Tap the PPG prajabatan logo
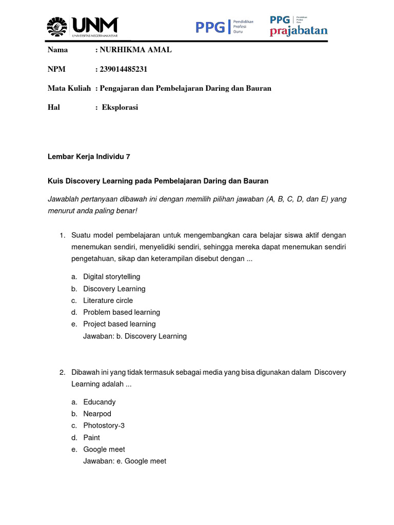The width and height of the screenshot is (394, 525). click(299, 27)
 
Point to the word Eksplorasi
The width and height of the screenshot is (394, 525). click(120, 107)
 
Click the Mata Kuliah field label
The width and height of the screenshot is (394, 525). click(69, 88)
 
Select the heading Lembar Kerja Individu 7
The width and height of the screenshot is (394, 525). click(89, 157)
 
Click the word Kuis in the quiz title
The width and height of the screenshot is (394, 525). click(55, 181)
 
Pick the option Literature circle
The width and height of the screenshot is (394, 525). click(108, 300)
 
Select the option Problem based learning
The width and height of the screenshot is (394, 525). click(122, 312)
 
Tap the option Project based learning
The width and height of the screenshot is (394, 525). click(119, 324)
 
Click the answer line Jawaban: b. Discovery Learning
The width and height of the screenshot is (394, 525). click(135, 336)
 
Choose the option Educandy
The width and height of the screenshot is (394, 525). click(100, 402)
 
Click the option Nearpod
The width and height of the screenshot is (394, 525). click(97, 414)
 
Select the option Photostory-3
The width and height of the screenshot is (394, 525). click(104, 426)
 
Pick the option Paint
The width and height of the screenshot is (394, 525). click(91, 437)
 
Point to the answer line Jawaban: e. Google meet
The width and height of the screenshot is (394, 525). click(125, 461)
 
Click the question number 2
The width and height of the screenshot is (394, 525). click(62, 372)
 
